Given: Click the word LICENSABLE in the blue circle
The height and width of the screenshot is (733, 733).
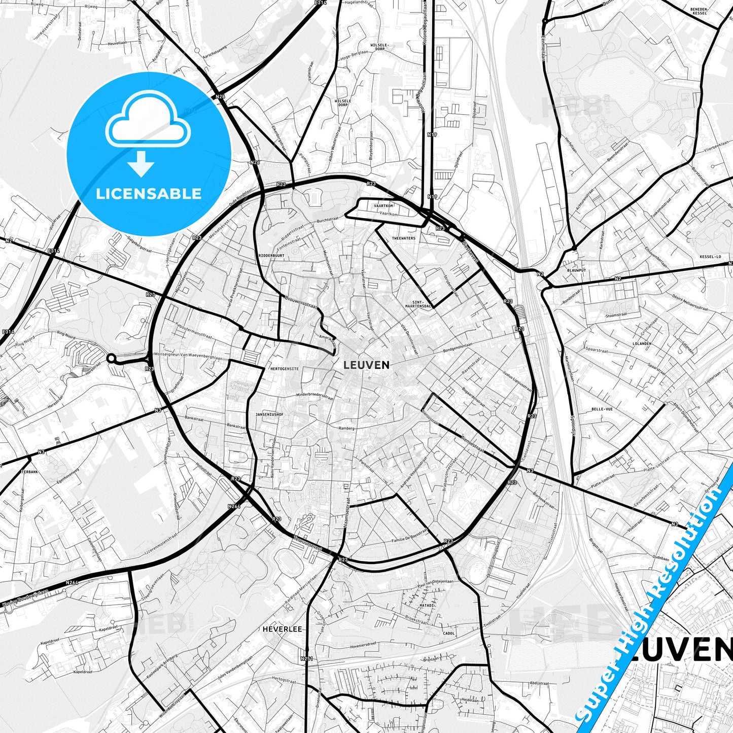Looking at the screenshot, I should pos(149,193).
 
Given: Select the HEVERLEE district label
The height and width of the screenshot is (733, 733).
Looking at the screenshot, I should pos(282,629).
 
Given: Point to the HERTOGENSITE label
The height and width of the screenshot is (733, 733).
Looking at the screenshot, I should pos(285,368).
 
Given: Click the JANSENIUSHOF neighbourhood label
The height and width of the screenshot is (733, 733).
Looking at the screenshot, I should pos(270,414).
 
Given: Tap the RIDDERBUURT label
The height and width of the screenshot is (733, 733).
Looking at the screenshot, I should pos(271,256).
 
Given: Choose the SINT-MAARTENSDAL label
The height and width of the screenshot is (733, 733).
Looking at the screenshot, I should pos(419,304).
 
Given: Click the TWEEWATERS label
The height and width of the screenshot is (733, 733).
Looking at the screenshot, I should pos(404,238).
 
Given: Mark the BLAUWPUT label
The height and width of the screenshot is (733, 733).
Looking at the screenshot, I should pos(576,270).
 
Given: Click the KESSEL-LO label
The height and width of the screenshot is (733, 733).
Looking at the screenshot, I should pos(710,257).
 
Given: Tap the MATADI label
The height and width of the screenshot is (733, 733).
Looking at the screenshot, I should pos(427,605).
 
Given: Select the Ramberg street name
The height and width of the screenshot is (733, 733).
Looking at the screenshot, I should pos(346,428).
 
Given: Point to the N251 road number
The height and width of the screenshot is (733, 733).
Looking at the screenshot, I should pos(306,659).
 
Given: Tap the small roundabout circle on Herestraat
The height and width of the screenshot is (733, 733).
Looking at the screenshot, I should pos(111,359).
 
